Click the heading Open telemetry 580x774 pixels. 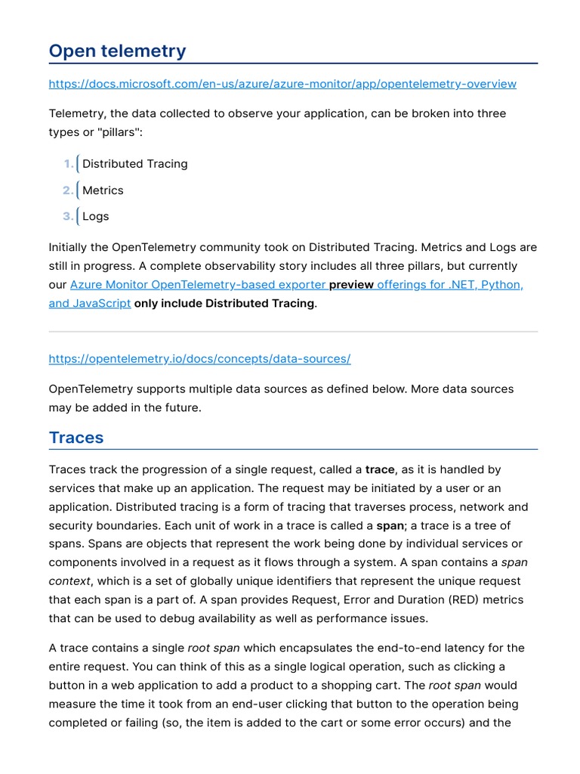pos(117,51)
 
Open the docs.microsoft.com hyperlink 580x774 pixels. pos(282,84)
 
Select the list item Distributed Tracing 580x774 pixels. pos(134,164)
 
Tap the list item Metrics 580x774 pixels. pos(103,190)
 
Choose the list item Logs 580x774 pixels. pos(95,216)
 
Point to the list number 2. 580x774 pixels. pos(68,190)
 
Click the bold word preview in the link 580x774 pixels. pos(351,285)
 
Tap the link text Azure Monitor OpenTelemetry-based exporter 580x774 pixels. pos(198,285)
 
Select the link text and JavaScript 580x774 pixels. pos(90,303)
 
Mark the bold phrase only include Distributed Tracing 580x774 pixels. pos(224,303)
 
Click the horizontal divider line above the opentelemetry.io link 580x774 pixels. pos(293,331)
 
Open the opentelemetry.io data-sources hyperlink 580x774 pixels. pos(199,359)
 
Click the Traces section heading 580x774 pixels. pos(76,438)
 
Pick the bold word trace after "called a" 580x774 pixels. pos(380,470)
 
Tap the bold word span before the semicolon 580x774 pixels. pos(390,525)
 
